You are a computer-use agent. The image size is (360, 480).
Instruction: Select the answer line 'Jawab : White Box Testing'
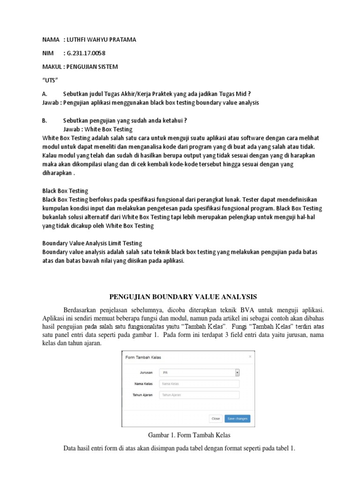click(97, 129)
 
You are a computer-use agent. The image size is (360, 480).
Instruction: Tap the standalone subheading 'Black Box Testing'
click(65, 191)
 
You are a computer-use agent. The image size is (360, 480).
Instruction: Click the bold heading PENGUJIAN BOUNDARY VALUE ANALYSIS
click(183, 296)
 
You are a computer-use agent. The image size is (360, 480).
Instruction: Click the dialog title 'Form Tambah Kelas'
click(143, 357)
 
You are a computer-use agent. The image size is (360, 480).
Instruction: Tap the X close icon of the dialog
click(250, 356)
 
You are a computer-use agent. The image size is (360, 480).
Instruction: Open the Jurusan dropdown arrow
click(237, 372)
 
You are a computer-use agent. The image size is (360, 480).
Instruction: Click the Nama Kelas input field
click(199, 384)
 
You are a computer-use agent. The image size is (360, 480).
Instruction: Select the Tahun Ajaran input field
click(199, 395)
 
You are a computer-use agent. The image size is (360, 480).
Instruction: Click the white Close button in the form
click(216, 419)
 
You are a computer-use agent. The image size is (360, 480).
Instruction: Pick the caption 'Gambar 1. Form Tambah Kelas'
click(183, 435)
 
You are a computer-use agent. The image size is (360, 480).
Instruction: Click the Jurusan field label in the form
click(147, 372)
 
